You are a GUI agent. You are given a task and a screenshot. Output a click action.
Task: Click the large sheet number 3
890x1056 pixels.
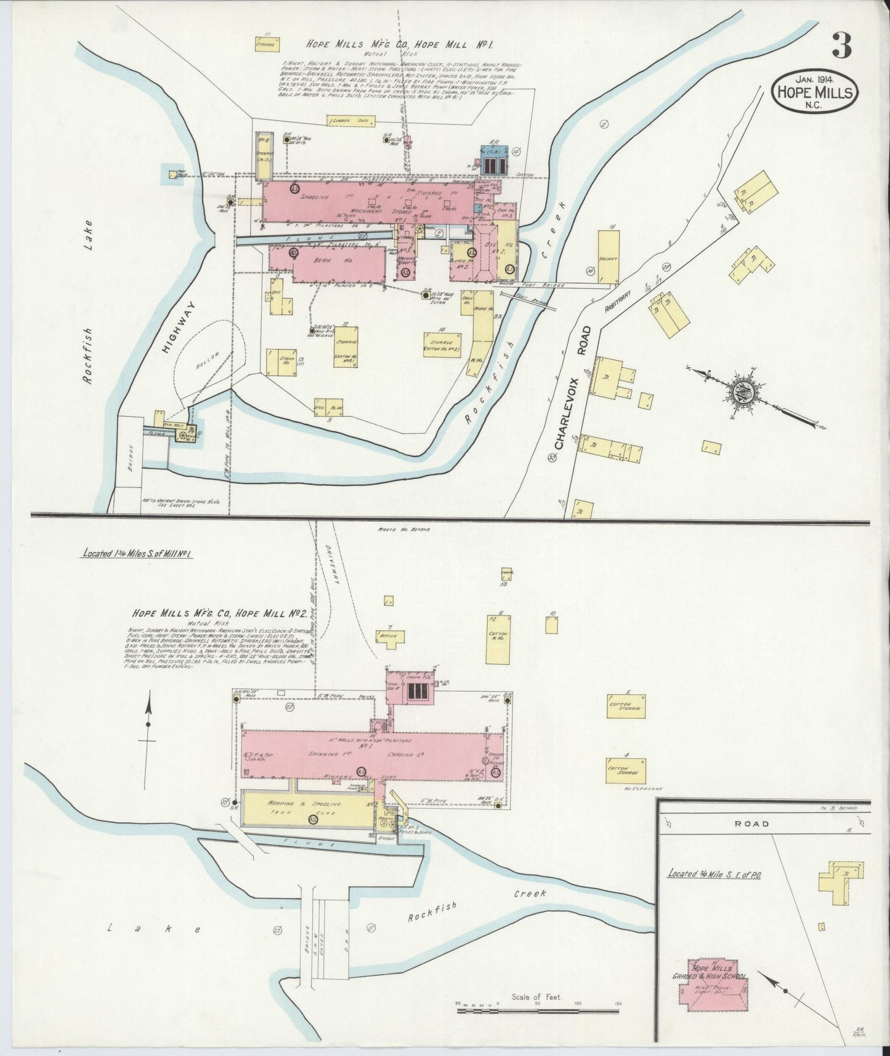pyautogui.click(x=841, y=46)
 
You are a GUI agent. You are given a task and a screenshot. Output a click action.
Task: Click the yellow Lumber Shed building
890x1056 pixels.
pyautogui.click(x=348, y=121)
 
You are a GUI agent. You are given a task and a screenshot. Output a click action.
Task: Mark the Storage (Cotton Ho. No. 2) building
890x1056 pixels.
pyautogui.click(x=443, y=344)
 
